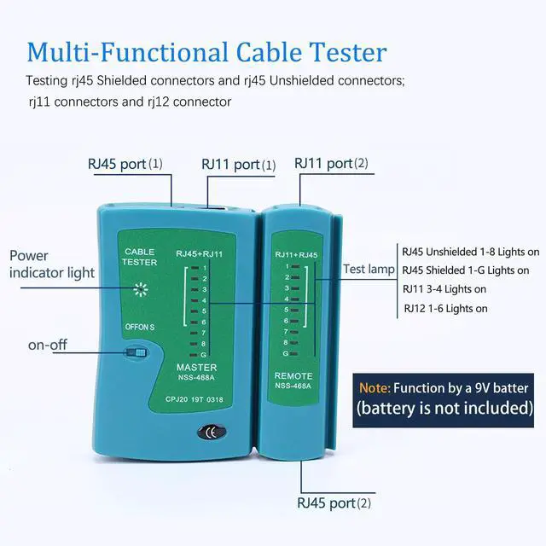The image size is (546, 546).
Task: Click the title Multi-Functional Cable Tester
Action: tap(206, 51)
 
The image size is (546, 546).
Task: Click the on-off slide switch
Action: tap(135, 351)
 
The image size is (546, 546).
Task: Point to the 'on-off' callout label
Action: tap(48, 346)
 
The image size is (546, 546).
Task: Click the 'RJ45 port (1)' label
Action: tap(125, 164)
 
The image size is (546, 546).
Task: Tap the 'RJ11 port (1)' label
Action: tap(238, 165)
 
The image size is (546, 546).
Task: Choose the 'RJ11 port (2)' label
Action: tap(331, 163)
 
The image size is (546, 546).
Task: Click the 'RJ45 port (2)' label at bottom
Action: tap(334, 502)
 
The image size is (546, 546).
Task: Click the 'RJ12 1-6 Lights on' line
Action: tap(445, 309)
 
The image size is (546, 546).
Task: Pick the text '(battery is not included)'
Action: tap(444, 408)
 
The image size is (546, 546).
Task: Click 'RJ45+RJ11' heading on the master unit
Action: tap(199, 254)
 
